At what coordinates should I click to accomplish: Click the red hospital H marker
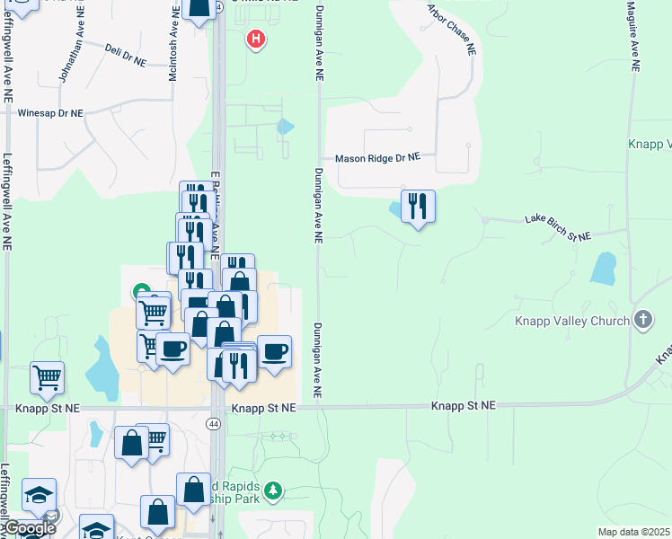coord(257,40)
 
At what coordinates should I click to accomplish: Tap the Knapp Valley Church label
coord(570,321)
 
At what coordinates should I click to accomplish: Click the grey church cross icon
coord(642,320)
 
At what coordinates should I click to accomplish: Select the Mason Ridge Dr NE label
coord(377,157)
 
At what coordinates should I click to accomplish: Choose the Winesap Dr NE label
coord(50,114)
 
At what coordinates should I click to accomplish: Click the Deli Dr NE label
coord(125,56)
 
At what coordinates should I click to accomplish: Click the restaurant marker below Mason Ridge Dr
coord(418,207)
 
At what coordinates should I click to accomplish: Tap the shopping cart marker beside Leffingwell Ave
coord(47,377)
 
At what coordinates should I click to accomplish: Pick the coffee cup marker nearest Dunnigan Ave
coord(275,350)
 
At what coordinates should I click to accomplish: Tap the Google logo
coord(29,528)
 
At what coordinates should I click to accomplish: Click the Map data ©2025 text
coord(633,532)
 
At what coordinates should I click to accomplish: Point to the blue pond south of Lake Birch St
coord(603,269)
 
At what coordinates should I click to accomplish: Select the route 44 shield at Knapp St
coord(215,424)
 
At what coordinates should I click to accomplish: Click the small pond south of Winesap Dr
coord(285,127)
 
